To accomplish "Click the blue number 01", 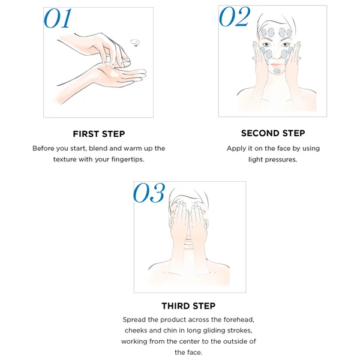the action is (58, 19).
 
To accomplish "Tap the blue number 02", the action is (234, 16).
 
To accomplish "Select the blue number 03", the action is (149, 193).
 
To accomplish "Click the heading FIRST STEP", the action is (99, 134).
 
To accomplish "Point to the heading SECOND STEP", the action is (273, 133).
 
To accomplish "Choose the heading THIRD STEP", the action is (188, 306).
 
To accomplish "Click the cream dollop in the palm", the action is (115, 74).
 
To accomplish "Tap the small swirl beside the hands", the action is (135, 43).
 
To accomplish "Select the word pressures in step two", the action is (281, 160).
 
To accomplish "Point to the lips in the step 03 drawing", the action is (188, 239).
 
